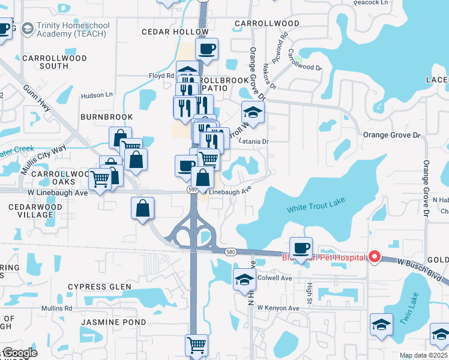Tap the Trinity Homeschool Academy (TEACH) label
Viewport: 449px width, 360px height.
click(x=71, y=30)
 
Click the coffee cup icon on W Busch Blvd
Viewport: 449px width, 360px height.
click(x=301, y=247)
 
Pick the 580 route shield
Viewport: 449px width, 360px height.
click(x=230, y=253)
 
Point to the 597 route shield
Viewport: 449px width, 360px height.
click(x=193, y=189)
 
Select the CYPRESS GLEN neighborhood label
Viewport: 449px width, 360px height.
click(x=99, y=287)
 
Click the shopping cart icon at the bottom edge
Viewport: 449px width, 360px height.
click(x=196, y=345)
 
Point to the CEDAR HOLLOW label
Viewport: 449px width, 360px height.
click(x=165, y=31)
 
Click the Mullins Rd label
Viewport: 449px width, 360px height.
click(x=56, y=308)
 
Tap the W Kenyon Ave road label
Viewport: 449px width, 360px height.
click(x=278, y=308)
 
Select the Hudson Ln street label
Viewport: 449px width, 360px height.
click(x=97, y=95)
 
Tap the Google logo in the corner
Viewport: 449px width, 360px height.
click(x=19, y=353)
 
